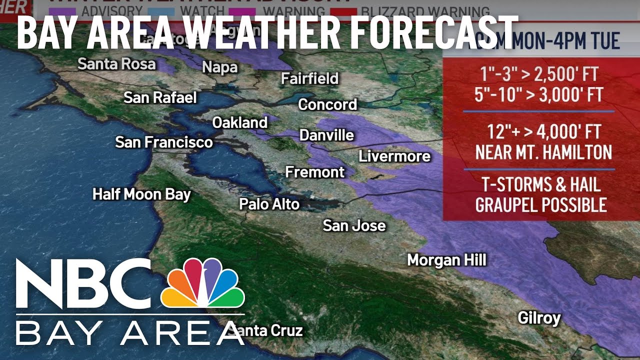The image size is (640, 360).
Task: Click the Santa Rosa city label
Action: pos(116,64)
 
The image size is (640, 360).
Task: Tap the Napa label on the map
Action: pos(220,67)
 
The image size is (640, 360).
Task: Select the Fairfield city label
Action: pos(309,78)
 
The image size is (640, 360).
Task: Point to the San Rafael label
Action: pos(160,97)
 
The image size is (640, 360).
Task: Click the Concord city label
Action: pos(327,104)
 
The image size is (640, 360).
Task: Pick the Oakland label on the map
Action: pos(240,122)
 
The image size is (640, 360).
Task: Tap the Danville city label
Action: pos(326,135)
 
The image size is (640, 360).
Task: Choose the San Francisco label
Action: pos(164,142)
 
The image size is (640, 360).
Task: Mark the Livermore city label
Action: pos(394,156)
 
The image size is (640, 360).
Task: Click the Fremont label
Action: pos(315,172)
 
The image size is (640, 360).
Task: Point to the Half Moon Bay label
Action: pos(141,194)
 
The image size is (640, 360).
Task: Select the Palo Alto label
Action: pos(269,204)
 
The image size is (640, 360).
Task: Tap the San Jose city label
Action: pos(354,225)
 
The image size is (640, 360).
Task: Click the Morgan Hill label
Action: pos(446,260)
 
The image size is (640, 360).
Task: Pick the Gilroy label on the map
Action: pos(539,318)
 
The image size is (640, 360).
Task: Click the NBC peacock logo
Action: pos(202,283)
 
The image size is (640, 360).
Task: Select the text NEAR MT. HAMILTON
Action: pos(543,152)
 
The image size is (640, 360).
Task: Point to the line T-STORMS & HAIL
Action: pos(541,185)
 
